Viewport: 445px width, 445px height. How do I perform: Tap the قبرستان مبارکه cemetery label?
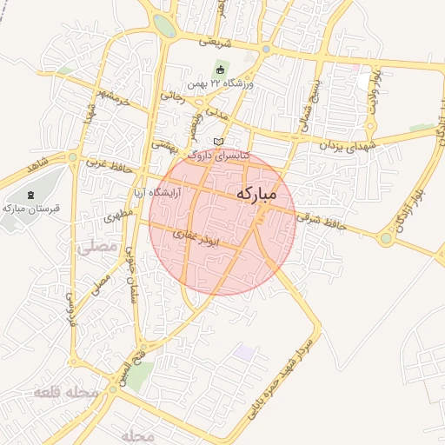point(30,209)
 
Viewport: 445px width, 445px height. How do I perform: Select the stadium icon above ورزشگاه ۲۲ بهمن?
point(220,70)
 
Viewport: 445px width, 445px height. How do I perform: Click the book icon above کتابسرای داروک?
point(217,141)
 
